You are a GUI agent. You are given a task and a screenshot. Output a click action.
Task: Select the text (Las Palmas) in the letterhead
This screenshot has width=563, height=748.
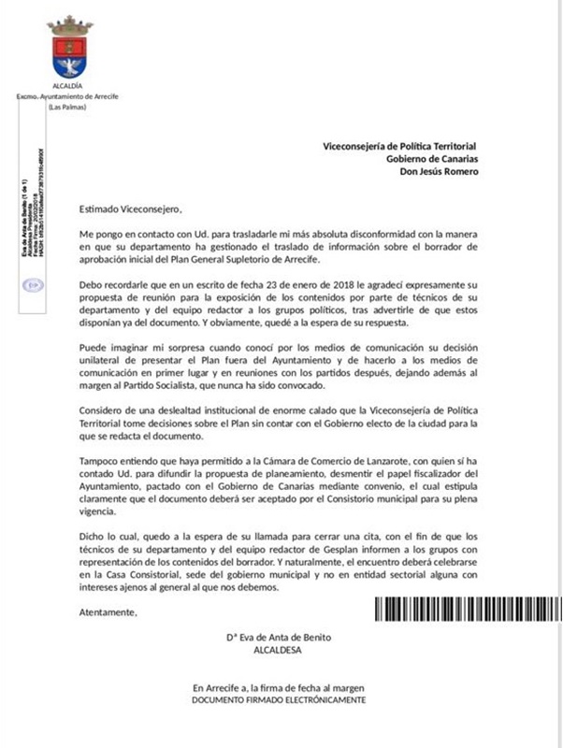coord(68,107)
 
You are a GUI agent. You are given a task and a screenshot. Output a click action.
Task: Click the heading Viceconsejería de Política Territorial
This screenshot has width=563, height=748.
coord(399,147)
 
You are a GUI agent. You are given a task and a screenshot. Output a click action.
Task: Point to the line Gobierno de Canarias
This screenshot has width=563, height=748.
coord(432,158)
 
